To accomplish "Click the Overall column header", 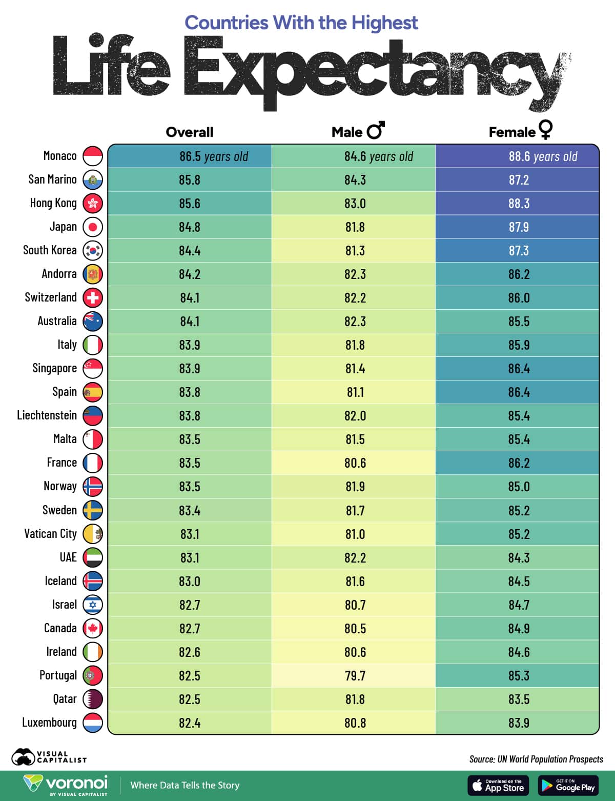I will coord(189,132).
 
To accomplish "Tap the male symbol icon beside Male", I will coord(376,130).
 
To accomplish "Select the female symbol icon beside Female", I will coord(545,129).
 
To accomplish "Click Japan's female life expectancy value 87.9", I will coord(519,227).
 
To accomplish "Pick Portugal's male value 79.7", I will coord(355,675).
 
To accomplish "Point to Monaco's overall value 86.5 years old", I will coord(213,156).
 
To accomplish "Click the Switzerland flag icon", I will coord(93,297).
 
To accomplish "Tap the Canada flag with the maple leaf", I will coord(93,628).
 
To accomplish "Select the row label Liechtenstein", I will coord(47,415).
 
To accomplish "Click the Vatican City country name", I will coord(50,534).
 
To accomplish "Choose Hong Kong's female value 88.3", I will coord(519,204).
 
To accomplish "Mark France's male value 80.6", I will coord(355,463).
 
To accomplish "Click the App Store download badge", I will coord(498,785).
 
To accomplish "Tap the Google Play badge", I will coord(568,785).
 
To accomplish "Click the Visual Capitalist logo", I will coord(49,757).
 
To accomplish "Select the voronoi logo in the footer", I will coord(66,785).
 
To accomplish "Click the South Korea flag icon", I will coord(93,250).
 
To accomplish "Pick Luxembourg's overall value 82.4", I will coord(189,723).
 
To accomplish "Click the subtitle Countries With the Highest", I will coord(301,23).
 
